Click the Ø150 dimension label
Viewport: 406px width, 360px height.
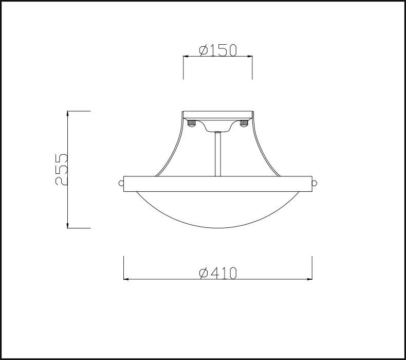tap(218, 50)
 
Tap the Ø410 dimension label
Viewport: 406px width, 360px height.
tap(218, 273)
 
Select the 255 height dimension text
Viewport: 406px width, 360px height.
tap(61, 170)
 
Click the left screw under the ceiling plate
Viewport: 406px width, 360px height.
tap(192, 123)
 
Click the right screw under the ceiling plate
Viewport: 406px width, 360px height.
tap(244, 123)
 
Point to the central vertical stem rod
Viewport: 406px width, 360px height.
tap(218, 154)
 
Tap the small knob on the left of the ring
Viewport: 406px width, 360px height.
tap(121, 183)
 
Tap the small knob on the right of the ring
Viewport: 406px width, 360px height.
tap(315, 183)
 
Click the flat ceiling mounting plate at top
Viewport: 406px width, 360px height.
tap(218, 115)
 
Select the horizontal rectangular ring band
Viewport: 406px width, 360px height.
tap(218, 184)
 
